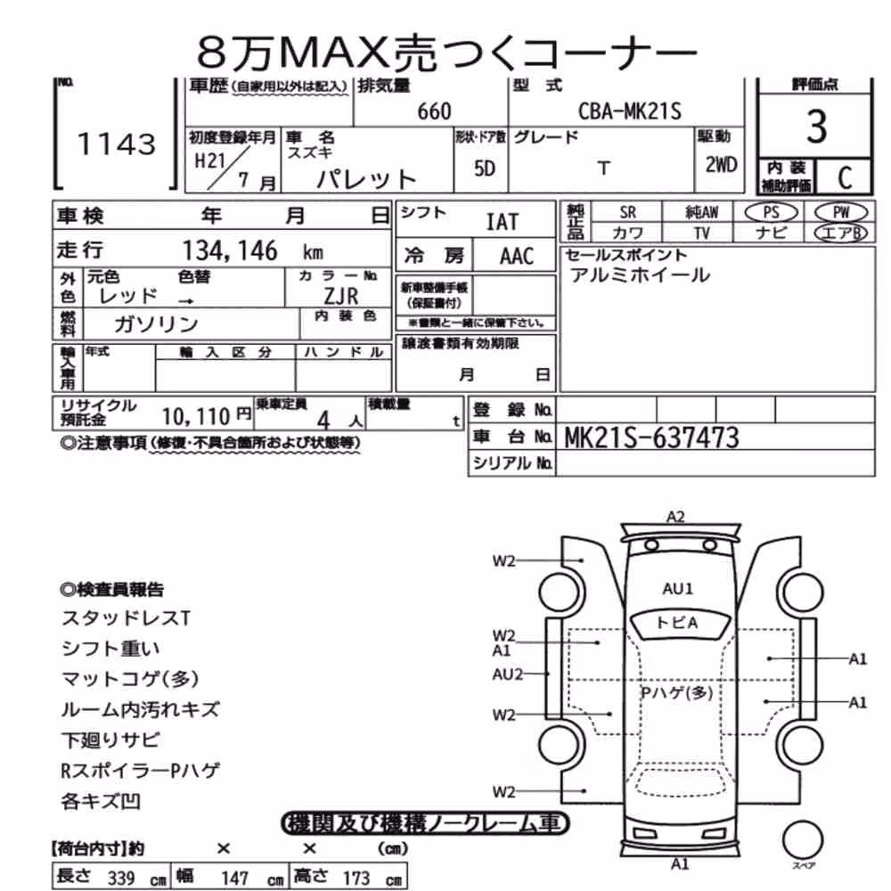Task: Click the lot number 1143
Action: pos(117,144)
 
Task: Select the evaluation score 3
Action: pos(816,127)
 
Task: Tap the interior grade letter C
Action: pos(845,178)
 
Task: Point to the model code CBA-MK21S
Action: pos(629,110)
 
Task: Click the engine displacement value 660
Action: pos(434,111)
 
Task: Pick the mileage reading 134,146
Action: pos(230,250)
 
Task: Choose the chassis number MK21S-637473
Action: pos(651,437)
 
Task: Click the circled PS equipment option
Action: pos(771,212)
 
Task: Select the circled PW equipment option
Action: pos(841,212)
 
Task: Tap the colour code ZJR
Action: pos(341,296)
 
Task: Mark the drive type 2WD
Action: pos(721,165)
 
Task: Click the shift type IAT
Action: pos(503,222)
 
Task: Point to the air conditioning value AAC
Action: pos(517,257)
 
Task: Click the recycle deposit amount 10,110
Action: pos(195,417)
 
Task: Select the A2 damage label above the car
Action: pos(675,517)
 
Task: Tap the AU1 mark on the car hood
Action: pos(678,589)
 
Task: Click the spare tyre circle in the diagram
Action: pos(803,839)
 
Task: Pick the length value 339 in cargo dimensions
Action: pos(121,878)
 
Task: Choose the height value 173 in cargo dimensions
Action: pos(356,878)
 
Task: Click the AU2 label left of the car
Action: pos(508,674)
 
